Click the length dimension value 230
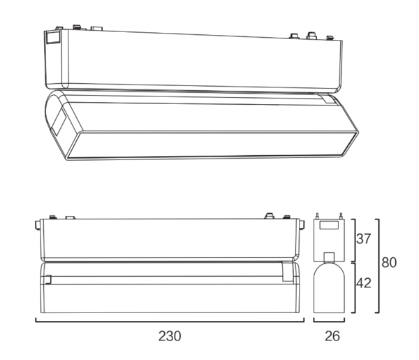click(x=170, y=336)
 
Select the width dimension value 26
click(x=332, y=336)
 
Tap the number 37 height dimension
click(x=363, y=238)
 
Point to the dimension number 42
click(x=364, y=283)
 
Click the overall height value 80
click(x=389, y=262)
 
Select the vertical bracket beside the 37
click(x=355, y=240)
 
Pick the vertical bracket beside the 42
click(x=355, y=288)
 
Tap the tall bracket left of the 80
click(x=378, y=266)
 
